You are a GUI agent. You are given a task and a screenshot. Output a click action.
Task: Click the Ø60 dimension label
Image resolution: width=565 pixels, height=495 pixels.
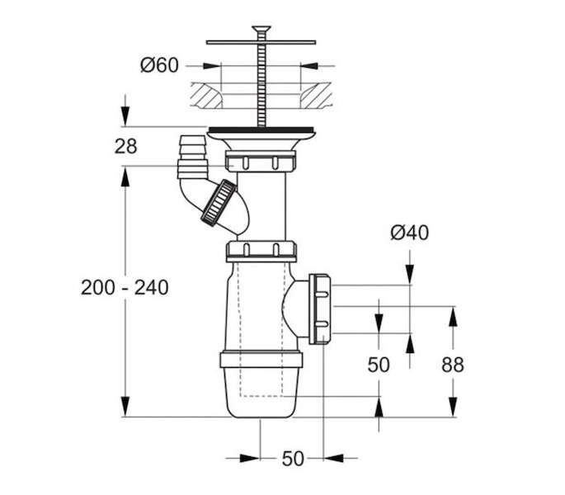coord(159,65)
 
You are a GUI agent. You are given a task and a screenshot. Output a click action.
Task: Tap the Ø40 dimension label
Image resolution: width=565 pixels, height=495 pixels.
coord(409,233)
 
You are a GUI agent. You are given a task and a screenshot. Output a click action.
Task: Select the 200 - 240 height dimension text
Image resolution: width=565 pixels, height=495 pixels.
coord(125,288)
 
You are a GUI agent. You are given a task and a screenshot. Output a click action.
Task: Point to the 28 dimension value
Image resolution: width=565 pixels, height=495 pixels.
coord(125,147)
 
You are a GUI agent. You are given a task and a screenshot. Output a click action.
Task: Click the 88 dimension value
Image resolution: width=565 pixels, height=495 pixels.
coord(453,365)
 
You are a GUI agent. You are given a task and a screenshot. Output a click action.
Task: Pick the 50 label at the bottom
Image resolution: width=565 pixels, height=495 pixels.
coord(293,459)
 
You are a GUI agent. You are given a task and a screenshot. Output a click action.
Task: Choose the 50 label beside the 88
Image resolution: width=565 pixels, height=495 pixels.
coord(379,365)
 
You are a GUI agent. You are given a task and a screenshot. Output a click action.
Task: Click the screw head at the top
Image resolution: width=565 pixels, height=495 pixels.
coord(261,30)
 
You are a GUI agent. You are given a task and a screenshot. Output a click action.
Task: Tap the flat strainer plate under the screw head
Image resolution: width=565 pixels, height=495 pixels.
coord(261,43)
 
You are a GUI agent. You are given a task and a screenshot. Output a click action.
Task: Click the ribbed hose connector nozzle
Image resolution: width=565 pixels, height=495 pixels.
coord(193,157)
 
